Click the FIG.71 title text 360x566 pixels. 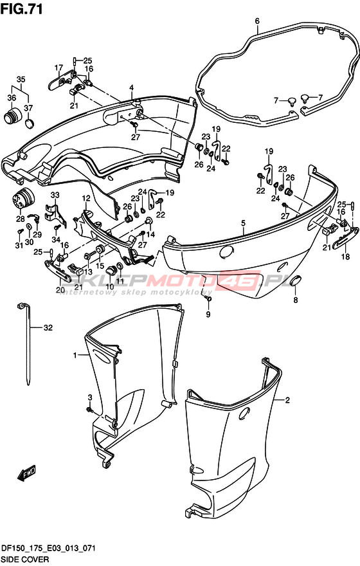click(22, 8)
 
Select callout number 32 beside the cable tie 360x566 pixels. click(48, 327)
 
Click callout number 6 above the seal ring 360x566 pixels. click(257, 21)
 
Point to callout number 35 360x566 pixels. click(21, 79)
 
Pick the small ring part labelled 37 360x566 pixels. click(30, 123)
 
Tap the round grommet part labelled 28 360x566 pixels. click(22, 199)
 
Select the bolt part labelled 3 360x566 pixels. click(89, 410)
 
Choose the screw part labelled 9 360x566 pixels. click(208, 299)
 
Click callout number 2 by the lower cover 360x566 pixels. click(287, 400)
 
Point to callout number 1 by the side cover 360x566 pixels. click(75, 356)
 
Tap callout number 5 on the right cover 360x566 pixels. click(244, 223)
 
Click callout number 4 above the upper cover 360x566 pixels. click(132, 87)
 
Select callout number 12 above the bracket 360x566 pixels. click(86, 198)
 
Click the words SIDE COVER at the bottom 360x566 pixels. click(25, 560)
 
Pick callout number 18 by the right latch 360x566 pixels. click(346, 257)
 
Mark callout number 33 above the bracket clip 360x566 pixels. click(55, 196)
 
